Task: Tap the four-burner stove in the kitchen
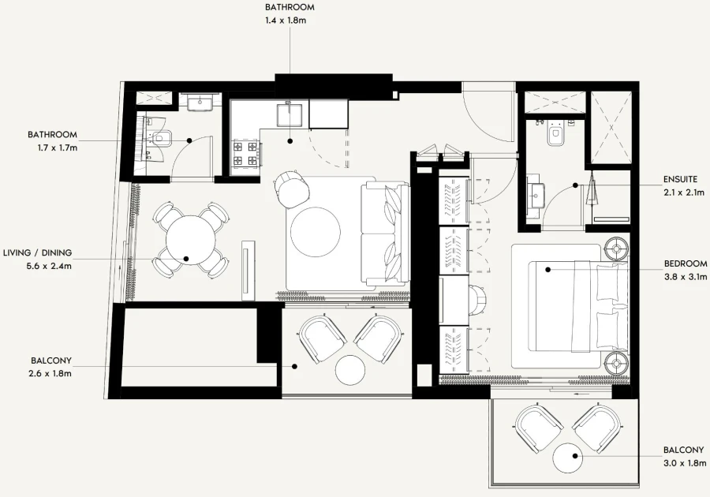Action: click(x=244, y=153)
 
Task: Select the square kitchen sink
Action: click(x=289, y=115)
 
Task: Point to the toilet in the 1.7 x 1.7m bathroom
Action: click(x=163, y=140)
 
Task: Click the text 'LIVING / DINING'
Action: click(x=37, y=252)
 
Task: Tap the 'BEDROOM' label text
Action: click(x=686, y=263)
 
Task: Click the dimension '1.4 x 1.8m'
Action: click(x=290, y=21)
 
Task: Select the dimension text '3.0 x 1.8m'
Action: click(x=683, y=462)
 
